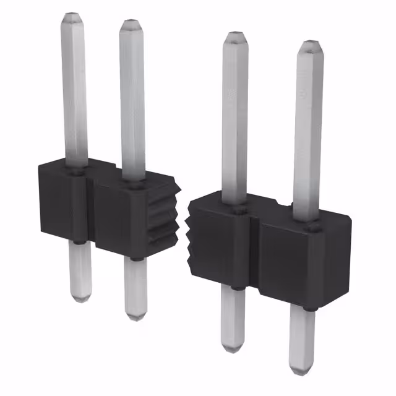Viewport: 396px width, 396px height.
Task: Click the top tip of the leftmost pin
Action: [72, 15]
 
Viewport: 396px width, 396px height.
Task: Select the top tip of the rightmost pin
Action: [310, 45]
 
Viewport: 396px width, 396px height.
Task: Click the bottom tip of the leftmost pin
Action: [80, 300]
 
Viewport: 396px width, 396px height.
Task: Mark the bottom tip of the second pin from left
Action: [136, 317]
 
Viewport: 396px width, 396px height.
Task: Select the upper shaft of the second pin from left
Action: [132, 99]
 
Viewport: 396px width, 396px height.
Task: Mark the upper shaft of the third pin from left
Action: [235, 118]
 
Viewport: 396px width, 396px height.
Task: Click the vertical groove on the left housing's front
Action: [90, 210]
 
